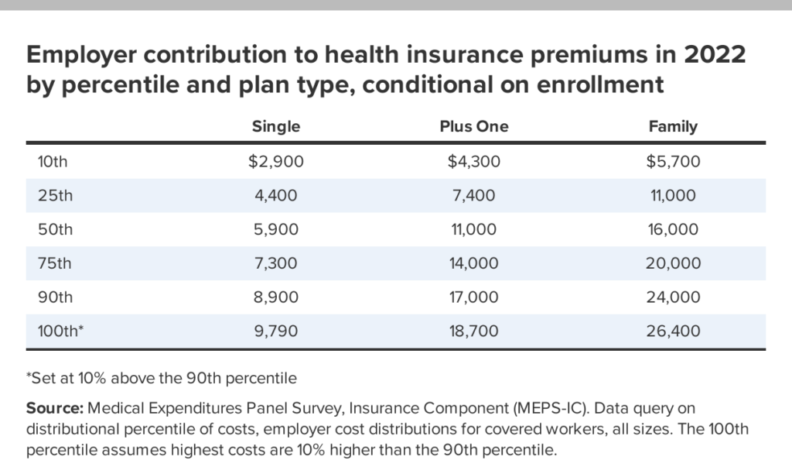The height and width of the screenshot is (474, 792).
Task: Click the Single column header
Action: pyautogui.click(x=276, y=127)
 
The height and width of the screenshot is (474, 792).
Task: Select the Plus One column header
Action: pyautogui.click(x=474, y=127)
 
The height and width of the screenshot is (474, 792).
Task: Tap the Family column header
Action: pyautogui.click(x=673, y=127)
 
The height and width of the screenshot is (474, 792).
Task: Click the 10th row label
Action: pyautogui.click(x=53, y=162)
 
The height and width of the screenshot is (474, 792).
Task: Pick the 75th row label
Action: pyautogui.click(x=55, y=263)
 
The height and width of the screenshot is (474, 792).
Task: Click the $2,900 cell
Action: pyautogui.click(x=276, y=162)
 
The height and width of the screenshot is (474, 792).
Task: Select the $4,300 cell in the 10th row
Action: pyautogui.click(x=474, y=162)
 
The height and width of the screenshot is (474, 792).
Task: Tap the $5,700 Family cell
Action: pyautogui.click(x=673, y=162)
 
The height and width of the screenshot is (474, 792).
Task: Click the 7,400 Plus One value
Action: pyautogui.click(x=474, y=196)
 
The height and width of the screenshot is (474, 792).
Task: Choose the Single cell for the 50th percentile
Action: pyautogui.click(x=276, y=229)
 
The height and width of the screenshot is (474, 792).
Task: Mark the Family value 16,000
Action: pyautogui.click(x=673, y=229)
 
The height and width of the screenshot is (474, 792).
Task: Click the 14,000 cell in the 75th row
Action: pyautogui.click(x=474, y=263)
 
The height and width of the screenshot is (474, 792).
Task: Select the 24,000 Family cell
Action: pyautogui.click(x=673, y=297)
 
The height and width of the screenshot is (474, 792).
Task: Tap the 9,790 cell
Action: pyautogui.click(x=276, y=331)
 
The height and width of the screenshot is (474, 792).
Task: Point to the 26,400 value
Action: pyautogui.click(x=673, y=331)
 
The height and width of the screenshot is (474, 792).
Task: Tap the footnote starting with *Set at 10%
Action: pyautogui.click(x=162, y=379)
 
